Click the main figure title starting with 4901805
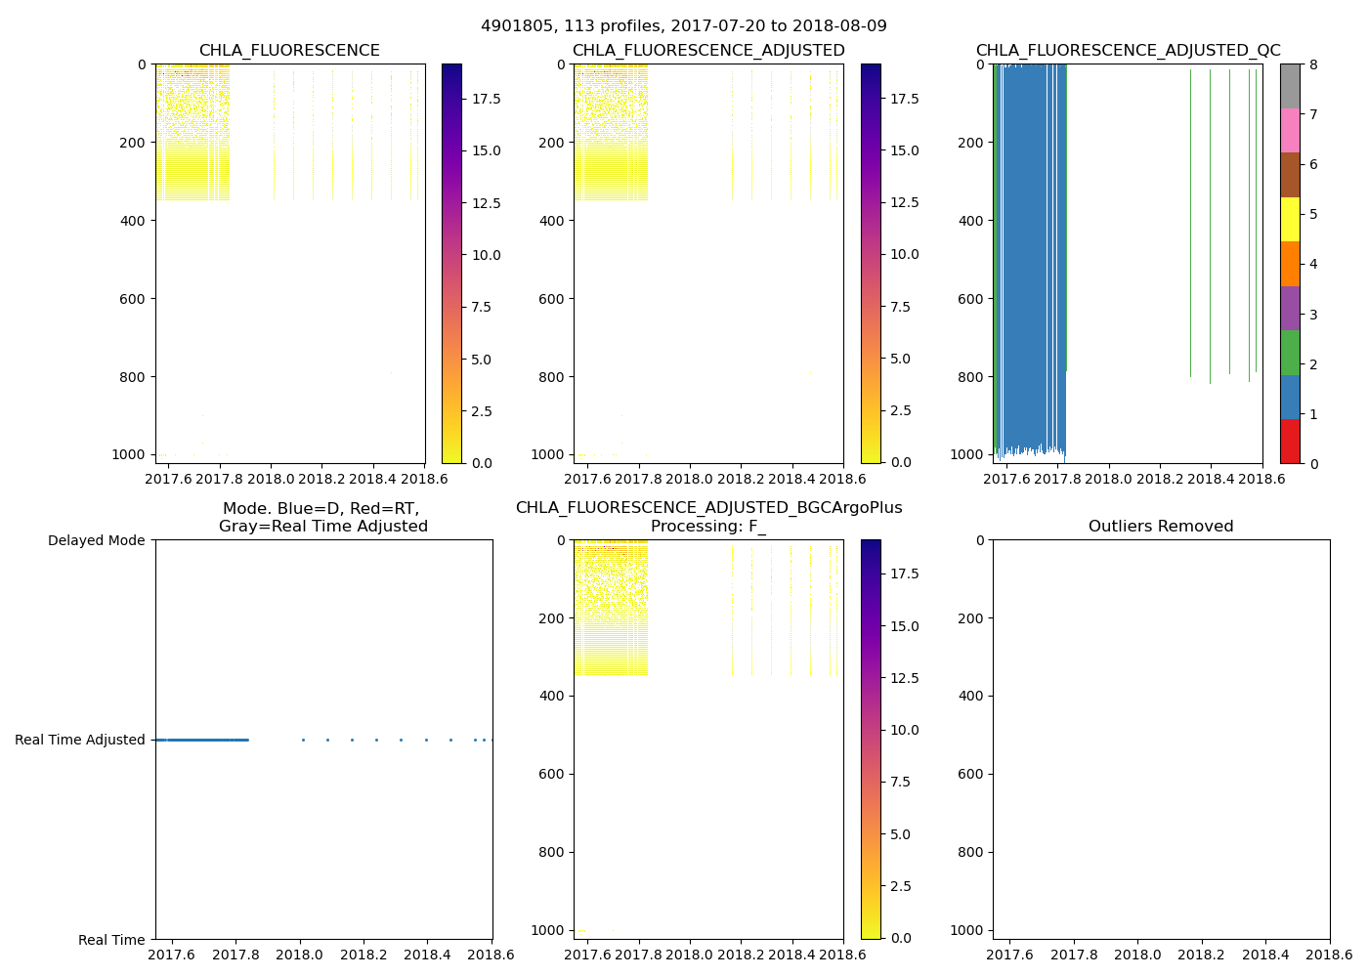point(683,26)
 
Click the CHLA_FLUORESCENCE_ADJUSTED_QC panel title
point(1128,51)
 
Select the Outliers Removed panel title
point(1161,527)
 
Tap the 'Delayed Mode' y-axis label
point(96,540)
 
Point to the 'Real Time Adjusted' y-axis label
point(80,740)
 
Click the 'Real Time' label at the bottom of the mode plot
point(111,940)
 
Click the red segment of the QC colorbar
point(1290,441)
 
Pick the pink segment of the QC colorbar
point(1290,130)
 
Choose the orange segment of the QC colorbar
point(1290,264)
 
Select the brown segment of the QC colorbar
point(1290,175)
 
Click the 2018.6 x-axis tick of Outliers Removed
point(1329,953)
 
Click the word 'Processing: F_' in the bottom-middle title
point(708,527)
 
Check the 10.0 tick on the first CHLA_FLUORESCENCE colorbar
point(487,255)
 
